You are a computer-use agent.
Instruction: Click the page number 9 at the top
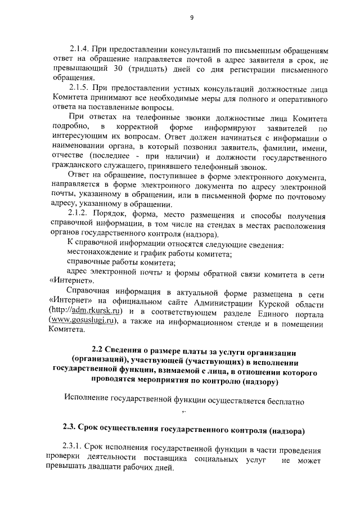[192, 17]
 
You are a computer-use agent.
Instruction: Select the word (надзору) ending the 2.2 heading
[258, 382]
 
